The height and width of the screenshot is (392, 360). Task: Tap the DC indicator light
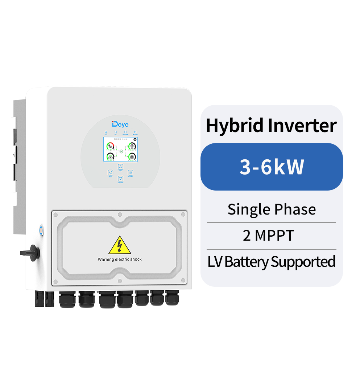106,132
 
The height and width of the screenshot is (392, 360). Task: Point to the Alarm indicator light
135,132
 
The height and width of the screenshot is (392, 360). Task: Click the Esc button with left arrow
111,173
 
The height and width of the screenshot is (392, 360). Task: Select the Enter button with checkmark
131,173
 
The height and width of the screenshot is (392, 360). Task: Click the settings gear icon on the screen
135,139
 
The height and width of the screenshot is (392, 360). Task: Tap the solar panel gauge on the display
110,146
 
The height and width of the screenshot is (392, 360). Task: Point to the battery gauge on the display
110,157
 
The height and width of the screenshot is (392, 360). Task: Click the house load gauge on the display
132,157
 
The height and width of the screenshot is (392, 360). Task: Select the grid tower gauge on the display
132,146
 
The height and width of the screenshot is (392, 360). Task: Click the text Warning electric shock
120,259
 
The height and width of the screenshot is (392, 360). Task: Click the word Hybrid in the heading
235,126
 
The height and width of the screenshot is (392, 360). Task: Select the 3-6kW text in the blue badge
272,167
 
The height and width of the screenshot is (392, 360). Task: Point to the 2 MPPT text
268,236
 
